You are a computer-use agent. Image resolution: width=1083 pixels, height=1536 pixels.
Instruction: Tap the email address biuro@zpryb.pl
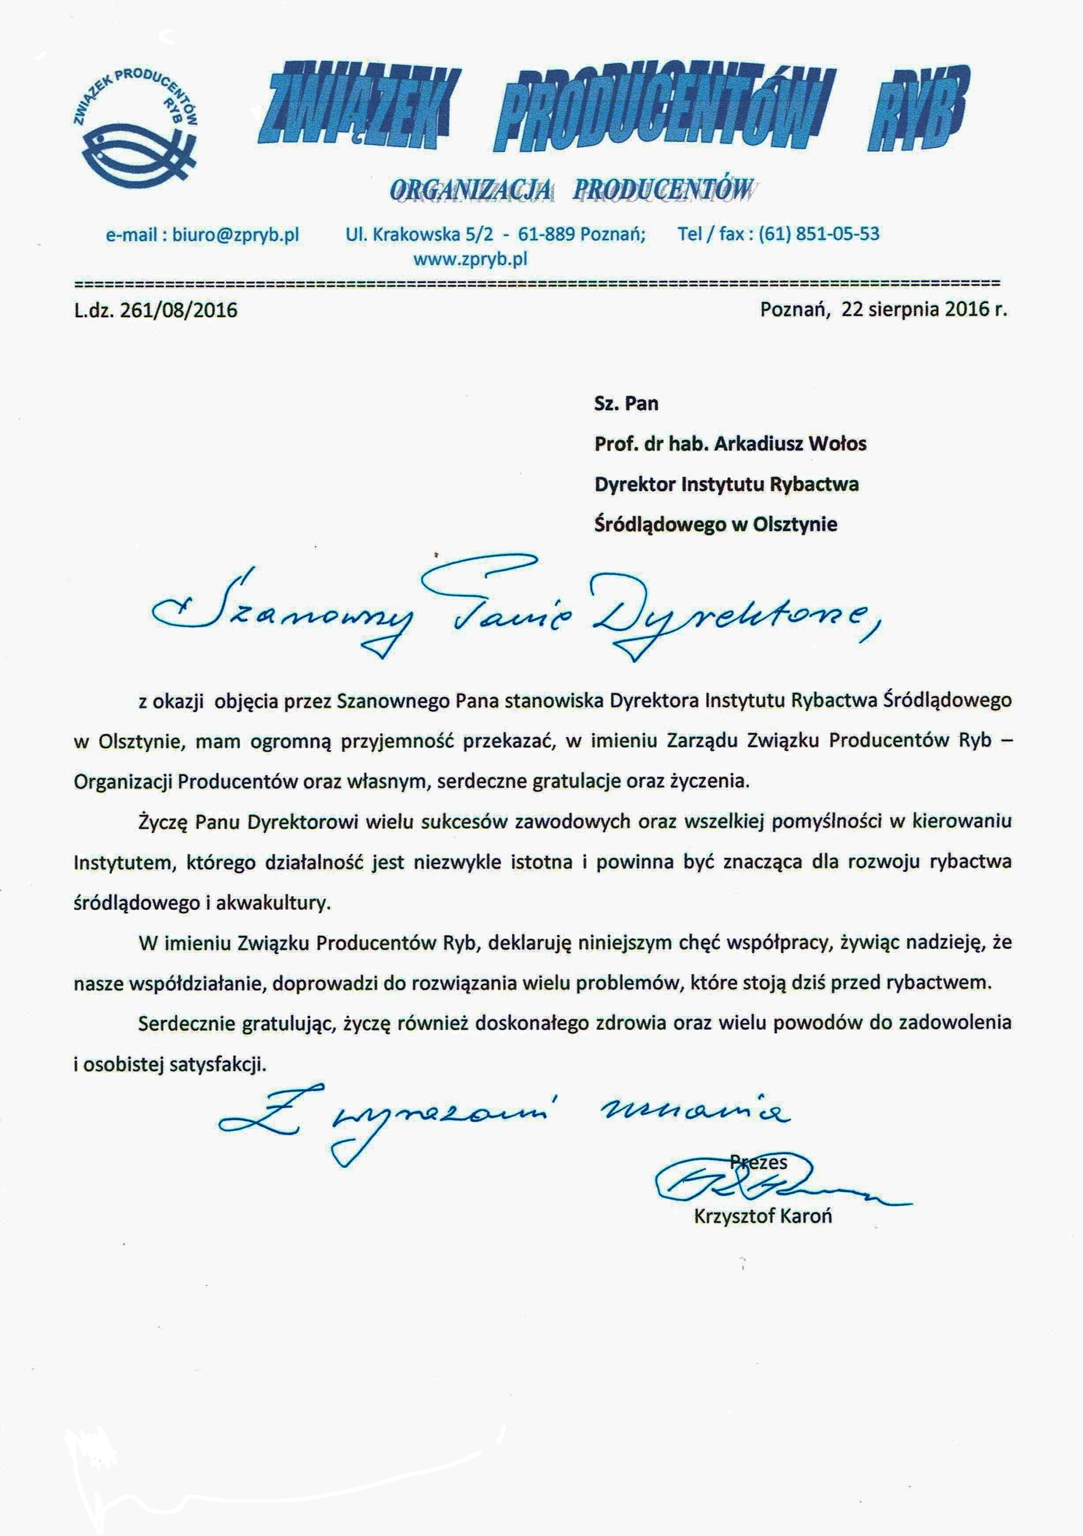235,235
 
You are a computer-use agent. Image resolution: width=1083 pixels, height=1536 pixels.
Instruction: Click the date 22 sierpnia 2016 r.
924,309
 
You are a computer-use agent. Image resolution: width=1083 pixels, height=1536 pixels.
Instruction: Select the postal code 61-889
547,235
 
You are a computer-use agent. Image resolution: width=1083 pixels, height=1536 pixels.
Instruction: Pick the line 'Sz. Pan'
626,404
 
